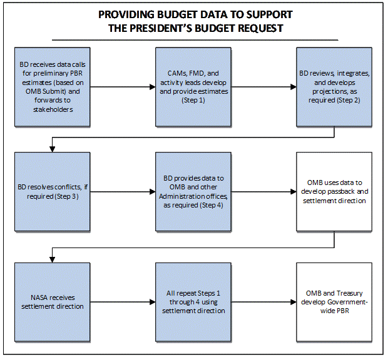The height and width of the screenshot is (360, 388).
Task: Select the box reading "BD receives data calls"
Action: click(52, 87)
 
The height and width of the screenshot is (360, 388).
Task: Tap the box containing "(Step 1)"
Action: click(193, 87)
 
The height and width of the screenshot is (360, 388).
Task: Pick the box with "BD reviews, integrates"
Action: click(334, 87)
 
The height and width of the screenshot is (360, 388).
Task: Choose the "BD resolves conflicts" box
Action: click(52, 192)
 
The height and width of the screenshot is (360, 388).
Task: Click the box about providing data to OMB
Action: click(193, 192)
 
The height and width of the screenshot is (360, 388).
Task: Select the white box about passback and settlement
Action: click(334, 192)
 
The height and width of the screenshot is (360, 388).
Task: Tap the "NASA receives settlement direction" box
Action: click(52, 302)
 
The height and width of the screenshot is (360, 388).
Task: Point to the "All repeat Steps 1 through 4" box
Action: click(193, 302)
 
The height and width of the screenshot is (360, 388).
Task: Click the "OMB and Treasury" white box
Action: click(334, 302)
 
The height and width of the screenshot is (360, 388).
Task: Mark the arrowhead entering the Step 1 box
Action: click(153, 87)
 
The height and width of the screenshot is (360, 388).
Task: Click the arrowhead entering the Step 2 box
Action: click(294, 87)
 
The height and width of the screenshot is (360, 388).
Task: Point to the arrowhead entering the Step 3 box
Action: click(52, 149)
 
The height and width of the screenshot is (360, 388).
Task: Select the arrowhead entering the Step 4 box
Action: click(153, 192)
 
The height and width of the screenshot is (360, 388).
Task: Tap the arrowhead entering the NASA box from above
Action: click(52, 259)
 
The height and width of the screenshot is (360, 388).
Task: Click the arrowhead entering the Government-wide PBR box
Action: click(294, 302)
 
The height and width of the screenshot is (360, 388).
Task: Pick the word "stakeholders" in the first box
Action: click(53, 109)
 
